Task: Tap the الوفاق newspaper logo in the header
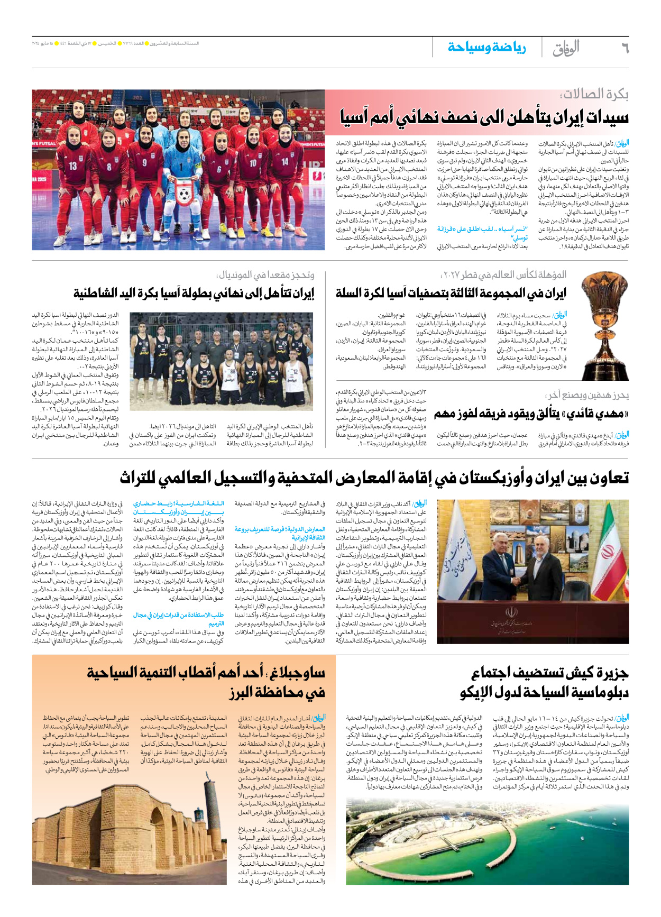click(566, 48)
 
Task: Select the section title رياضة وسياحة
click(486, 48)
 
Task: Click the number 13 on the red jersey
click(72, 165)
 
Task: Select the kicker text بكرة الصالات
click(594, 95)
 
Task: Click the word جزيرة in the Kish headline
click(611, 673)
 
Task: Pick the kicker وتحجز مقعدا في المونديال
click(265, 275)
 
